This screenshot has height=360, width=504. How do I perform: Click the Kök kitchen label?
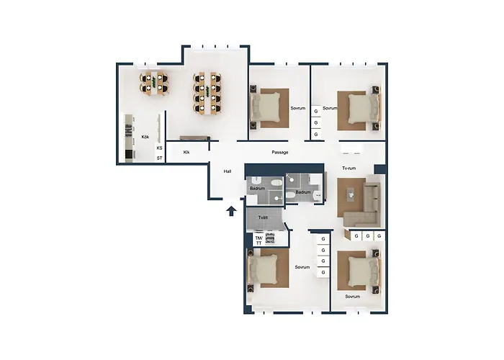[x=145, y=136]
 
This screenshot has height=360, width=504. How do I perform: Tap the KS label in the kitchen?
[x=159, y=148]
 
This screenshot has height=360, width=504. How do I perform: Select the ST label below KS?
[x=159, y=158]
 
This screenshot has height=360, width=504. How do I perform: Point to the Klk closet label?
[x=186, y=152]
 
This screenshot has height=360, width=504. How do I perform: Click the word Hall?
[x=228, y=171]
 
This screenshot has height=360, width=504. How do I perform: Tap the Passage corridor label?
[x=280, y=152]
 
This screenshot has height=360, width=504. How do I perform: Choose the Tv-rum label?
[x=349, y=168]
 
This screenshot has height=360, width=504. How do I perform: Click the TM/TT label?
[x=258, y=240]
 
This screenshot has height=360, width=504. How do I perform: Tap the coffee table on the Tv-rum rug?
[x=351, y=194]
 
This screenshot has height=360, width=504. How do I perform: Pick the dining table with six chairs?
[x=155, y=84]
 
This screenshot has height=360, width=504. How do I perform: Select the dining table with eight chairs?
[x=207, y=94]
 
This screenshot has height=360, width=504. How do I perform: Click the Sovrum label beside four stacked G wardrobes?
[x=302, y=267]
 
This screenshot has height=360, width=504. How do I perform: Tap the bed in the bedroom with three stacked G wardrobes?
[x=360, y=109]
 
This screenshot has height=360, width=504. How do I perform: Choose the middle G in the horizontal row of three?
[x=366, y=235]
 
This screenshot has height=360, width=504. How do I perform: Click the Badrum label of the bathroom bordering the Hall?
[x=256, y=189]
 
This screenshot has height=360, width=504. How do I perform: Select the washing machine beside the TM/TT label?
[x=271, y=239]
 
